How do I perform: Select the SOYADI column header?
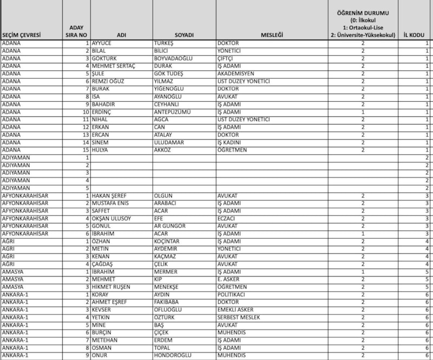click(x=183, y=35)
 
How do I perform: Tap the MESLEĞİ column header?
click(x=275, y=35)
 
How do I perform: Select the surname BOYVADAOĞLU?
click(x=174, y=58)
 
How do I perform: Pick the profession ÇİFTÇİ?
click(x=227, y=58)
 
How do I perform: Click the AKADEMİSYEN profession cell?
click(x=235, y=74)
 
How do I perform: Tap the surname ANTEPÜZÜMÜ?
click(x=173, y=112)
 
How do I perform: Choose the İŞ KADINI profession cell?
click(x=229, y=142)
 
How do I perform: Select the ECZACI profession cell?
click(x=227, y=218)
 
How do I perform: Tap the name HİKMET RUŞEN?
click(x=112, y=287)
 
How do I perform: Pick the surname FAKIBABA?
click(x=169, y=302)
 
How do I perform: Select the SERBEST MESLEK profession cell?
click(x=239, y=317)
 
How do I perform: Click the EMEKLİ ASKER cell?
click(x=236, y=310)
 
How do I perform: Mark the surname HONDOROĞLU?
click(x=175, y=356)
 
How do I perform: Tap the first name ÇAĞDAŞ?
click(x=103, y=264)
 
